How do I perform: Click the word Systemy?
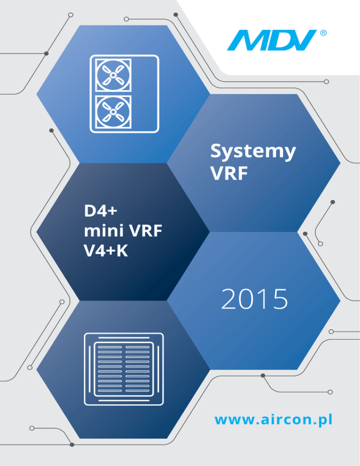pos(253,152)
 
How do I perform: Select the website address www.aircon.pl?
pos(273,419)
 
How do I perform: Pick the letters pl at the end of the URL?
pos(326,419)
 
